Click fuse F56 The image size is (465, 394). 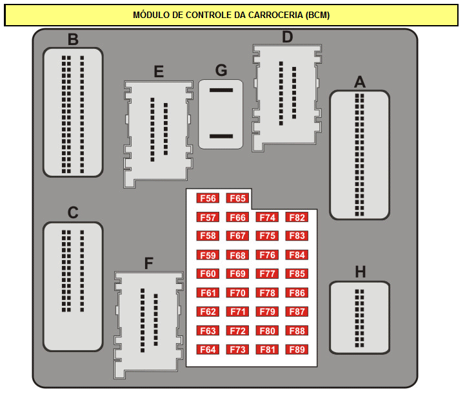pos(208,198)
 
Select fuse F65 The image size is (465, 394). pos(237,198)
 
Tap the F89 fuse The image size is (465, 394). pos(297,350)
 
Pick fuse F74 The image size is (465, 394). pos(267,217)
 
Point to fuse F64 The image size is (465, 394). pos(208,350)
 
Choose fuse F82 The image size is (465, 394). pos(297,217)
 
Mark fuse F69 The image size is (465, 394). pos(237,274)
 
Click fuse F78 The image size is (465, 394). pos(267,293)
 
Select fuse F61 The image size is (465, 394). pos(208,293)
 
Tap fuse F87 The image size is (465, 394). pos(297,312)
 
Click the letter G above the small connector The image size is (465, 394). pos(221,70)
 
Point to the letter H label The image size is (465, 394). pos(361,272)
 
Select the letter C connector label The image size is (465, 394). pos(73,212)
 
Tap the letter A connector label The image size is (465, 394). pos(360,82)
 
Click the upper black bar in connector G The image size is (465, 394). pos(221,90)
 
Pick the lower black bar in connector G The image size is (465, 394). pos(221,136)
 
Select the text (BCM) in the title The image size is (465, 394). pos(317,15)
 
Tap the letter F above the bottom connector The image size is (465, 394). pos(148,263)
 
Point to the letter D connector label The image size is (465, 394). pos(288,37)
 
